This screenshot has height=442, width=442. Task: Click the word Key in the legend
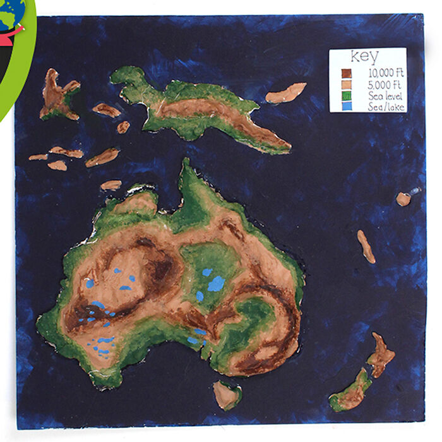[x=367, y=56]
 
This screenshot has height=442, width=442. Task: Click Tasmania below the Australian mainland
[x=226, y=395]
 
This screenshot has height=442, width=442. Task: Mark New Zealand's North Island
[x=381, y=355]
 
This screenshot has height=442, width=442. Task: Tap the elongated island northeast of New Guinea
[x=286, y=93]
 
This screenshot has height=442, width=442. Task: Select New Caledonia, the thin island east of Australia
[x=366, y=246]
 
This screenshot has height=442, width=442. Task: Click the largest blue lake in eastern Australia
[x=216, y=284]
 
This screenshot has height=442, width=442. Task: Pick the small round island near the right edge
[x=403, y=199]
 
